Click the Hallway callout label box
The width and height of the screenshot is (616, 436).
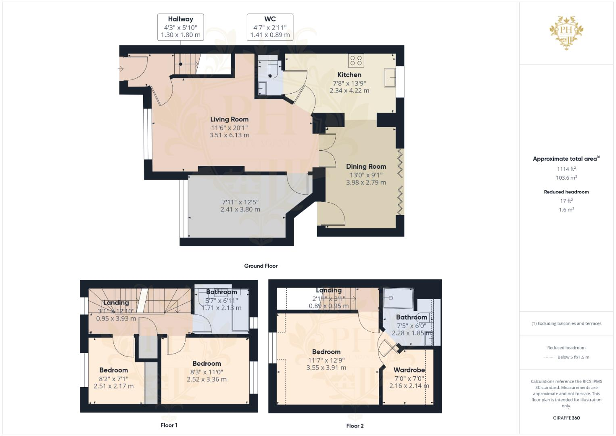(x=180, y=27)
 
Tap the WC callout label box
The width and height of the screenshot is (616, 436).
(x=270, y=27)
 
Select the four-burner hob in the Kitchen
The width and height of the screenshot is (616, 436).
(x=356, y=61)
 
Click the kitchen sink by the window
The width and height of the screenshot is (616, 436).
(x=389, y=78)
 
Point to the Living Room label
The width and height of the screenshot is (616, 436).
(x=229, y=119)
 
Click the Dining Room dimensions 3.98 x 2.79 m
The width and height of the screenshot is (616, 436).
(x=366, y=182)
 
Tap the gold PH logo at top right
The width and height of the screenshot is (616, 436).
(x=566, y=32)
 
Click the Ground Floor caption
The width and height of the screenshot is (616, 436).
(x=261, y=266)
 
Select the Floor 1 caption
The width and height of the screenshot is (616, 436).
(x=169, y=425)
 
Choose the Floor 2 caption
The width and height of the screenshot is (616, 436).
(x=355, y=426)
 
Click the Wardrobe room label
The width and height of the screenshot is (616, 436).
(x=409, y=370)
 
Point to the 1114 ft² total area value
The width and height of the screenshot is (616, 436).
(x=566, y=169)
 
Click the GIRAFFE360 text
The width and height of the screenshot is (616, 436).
(x=566, y=418)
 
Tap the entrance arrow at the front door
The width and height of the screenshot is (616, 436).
(x=120, y=69)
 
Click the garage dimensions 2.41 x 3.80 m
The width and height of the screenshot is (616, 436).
(x=240, y=210)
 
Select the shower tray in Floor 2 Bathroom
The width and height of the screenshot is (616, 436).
(x=398, y=298)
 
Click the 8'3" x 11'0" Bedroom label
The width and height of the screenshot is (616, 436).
(x=207, y=372)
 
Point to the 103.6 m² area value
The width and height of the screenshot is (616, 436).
(x=566, y=178)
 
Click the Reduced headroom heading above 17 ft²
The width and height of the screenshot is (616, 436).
(x=566, y=192)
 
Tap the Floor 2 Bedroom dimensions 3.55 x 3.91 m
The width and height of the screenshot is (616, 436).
(x=326, y=368)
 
